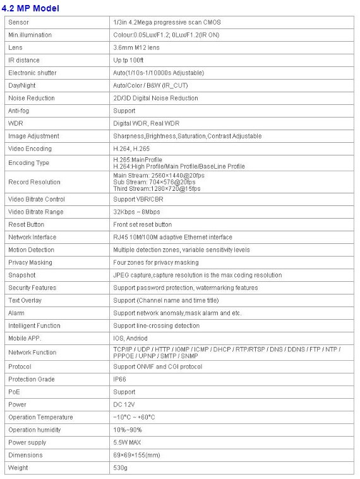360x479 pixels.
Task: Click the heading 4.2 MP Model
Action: tap(31, 8)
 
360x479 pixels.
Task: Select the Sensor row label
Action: tap(19, 22)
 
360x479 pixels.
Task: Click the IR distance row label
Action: tap(23, 60)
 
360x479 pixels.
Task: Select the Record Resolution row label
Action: tap(34, 182)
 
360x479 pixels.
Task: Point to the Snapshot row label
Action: tap(22, 275)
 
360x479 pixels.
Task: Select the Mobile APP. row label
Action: tap(25, 338)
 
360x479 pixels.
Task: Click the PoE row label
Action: tap(14, 392)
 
